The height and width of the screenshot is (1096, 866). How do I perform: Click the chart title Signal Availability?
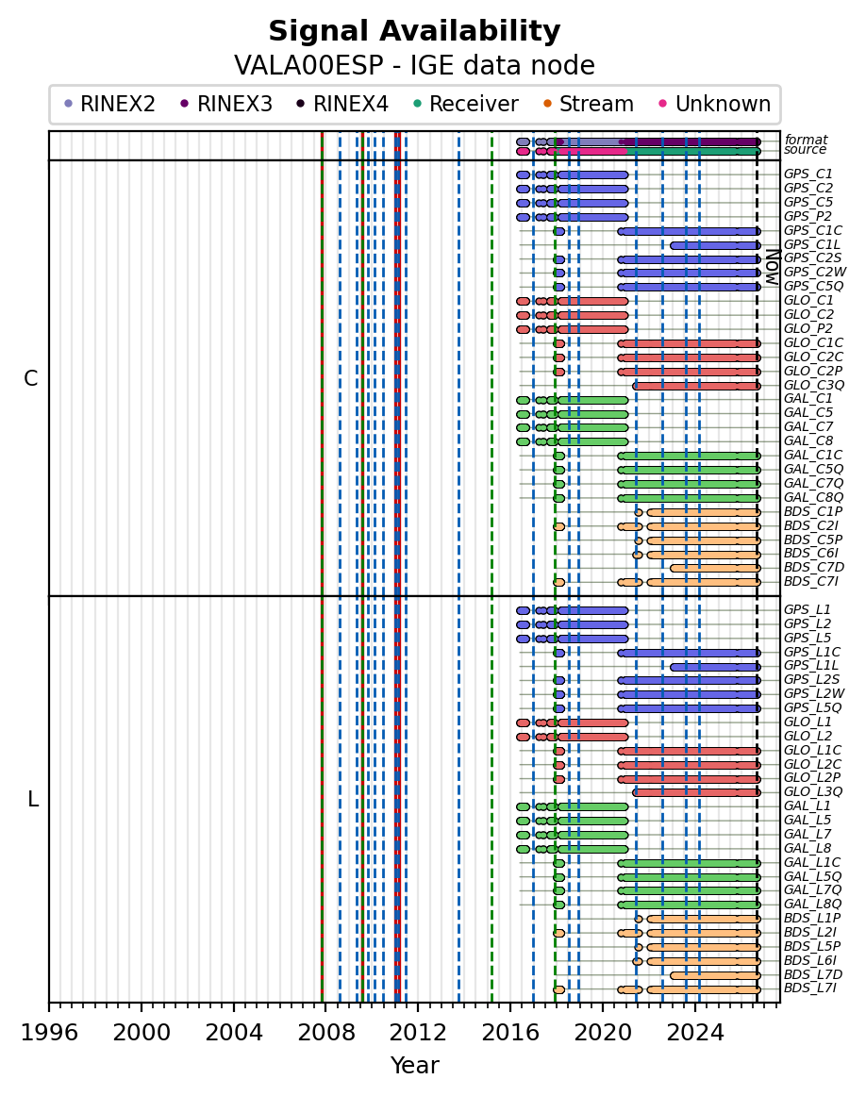pyautogui.click(x=414, y=31)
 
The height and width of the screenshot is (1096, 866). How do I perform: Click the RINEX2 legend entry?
pyautogui.click(x=109, y=104)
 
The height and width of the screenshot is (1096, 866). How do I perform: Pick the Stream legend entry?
pyautogui.click(x=589, y=104)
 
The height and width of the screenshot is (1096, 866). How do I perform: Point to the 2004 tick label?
pyautogui.click(x=233, y=1033)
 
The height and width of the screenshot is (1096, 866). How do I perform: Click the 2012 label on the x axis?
pyautogui.click(x=418, y=1033)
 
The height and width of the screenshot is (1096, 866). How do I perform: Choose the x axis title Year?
pyautogui.click(x=414, y=1065)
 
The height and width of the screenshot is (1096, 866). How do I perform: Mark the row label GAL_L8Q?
pyautogui.click(x=813, y=905)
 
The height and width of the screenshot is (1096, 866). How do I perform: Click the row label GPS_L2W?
pyautogui.click(x=814, y=694)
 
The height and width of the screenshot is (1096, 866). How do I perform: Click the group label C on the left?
pyautogui.click(x=31, y=378)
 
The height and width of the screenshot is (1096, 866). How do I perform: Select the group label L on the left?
pyautogui.click(x=32, y=799)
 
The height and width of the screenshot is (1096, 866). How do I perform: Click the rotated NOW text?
pyautogui.click(x=772, y=266)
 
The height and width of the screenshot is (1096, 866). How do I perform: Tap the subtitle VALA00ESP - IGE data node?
pyautogui.click(x=414, y=66)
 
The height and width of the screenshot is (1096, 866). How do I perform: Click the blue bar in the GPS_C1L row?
pyautogui.click(x=715, y=245)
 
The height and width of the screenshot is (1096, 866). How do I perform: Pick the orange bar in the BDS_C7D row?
pyautogui.click(x=715, y=568)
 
